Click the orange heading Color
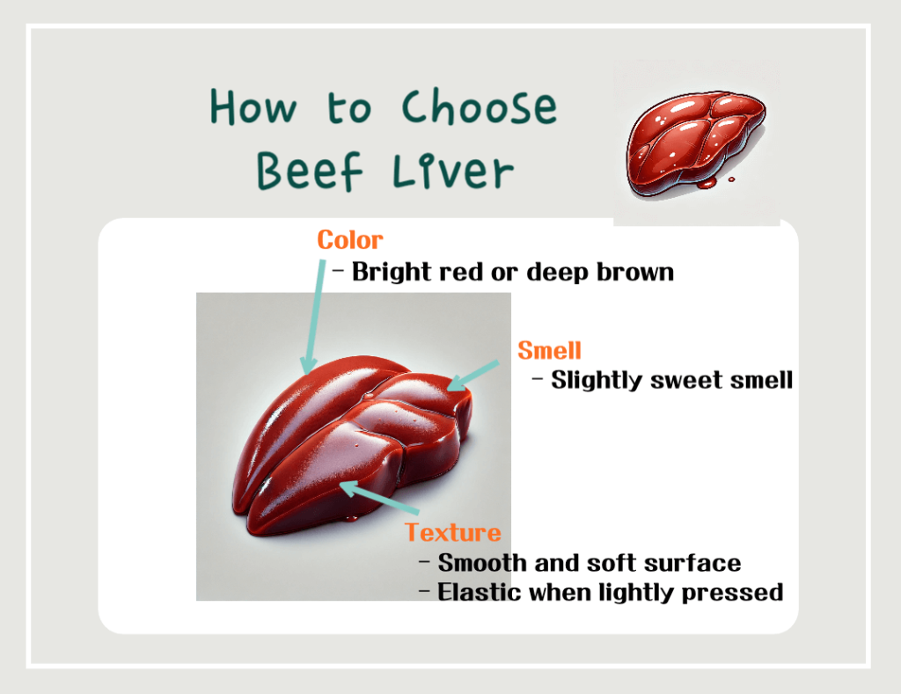[350, 240]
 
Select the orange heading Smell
[549, 350]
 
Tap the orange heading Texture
[452, 532]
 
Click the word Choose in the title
[479, 109]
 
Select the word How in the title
[253, 109]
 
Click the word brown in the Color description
[634, 272]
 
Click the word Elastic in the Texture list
[480, 592]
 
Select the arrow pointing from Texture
[378, 497]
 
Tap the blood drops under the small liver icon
[709, 183]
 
